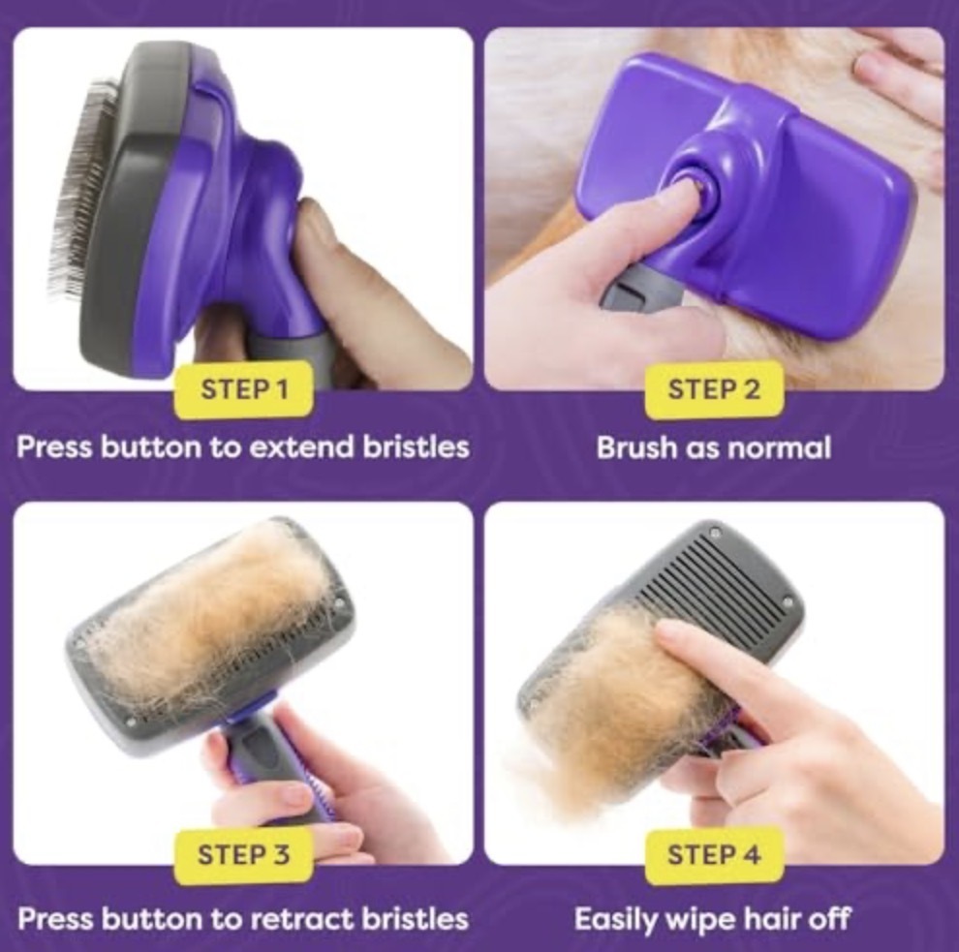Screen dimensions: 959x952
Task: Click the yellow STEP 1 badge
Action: [244, 389]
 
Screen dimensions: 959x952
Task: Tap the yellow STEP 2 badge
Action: [714, 389]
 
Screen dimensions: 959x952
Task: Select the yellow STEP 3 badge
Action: [243, 855]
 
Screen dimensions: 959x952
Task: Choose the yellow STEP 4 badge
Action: [714, 855]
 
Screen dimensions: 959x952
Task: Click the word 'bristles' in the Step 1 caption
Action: [416, 447]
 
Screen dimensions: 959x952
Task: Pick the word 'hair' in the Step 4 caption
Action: [767, 918]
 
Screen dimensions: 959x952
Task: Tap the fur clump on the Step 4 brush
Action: [618, 703]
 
